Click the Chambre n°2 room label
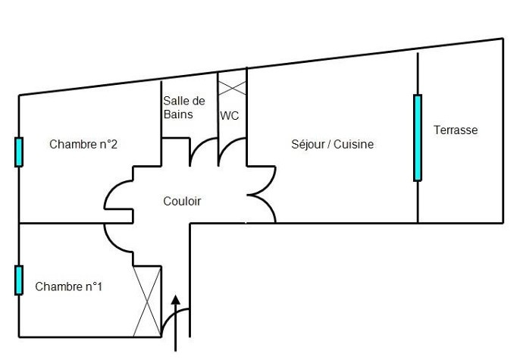pyautogui.click(x=83, y=144)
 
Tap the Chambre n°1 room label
pyautogui.click(x=68, y=286)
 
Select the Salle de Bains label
pyautogui.click(x=183, y=108)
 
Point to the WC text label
pyautogui.click(x=230, y=116)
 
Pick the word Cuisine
pyautogui.click(x=354, y=144)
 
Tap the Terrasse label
pyautogui.click(x=456, y=130)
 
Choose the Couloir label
pyautogui.click(x=182, y=201)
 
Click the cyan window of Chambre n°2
pyautogui.click(x=19, y=152)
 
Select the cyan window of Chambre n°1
pyautogui.click(x=19, y=280)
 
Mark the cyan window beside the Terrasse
pyautogui.click(x=417, y=137)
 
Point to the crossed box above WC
pyautogui.click(x=233, y=83)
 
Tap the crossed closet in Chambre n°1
pyautogui.click(x=147, y=301)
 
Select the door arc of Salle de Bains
pyautogui.click(x=202, y=152)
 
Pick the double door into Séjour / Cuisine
pyautogui.click(x=262, y=194)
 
